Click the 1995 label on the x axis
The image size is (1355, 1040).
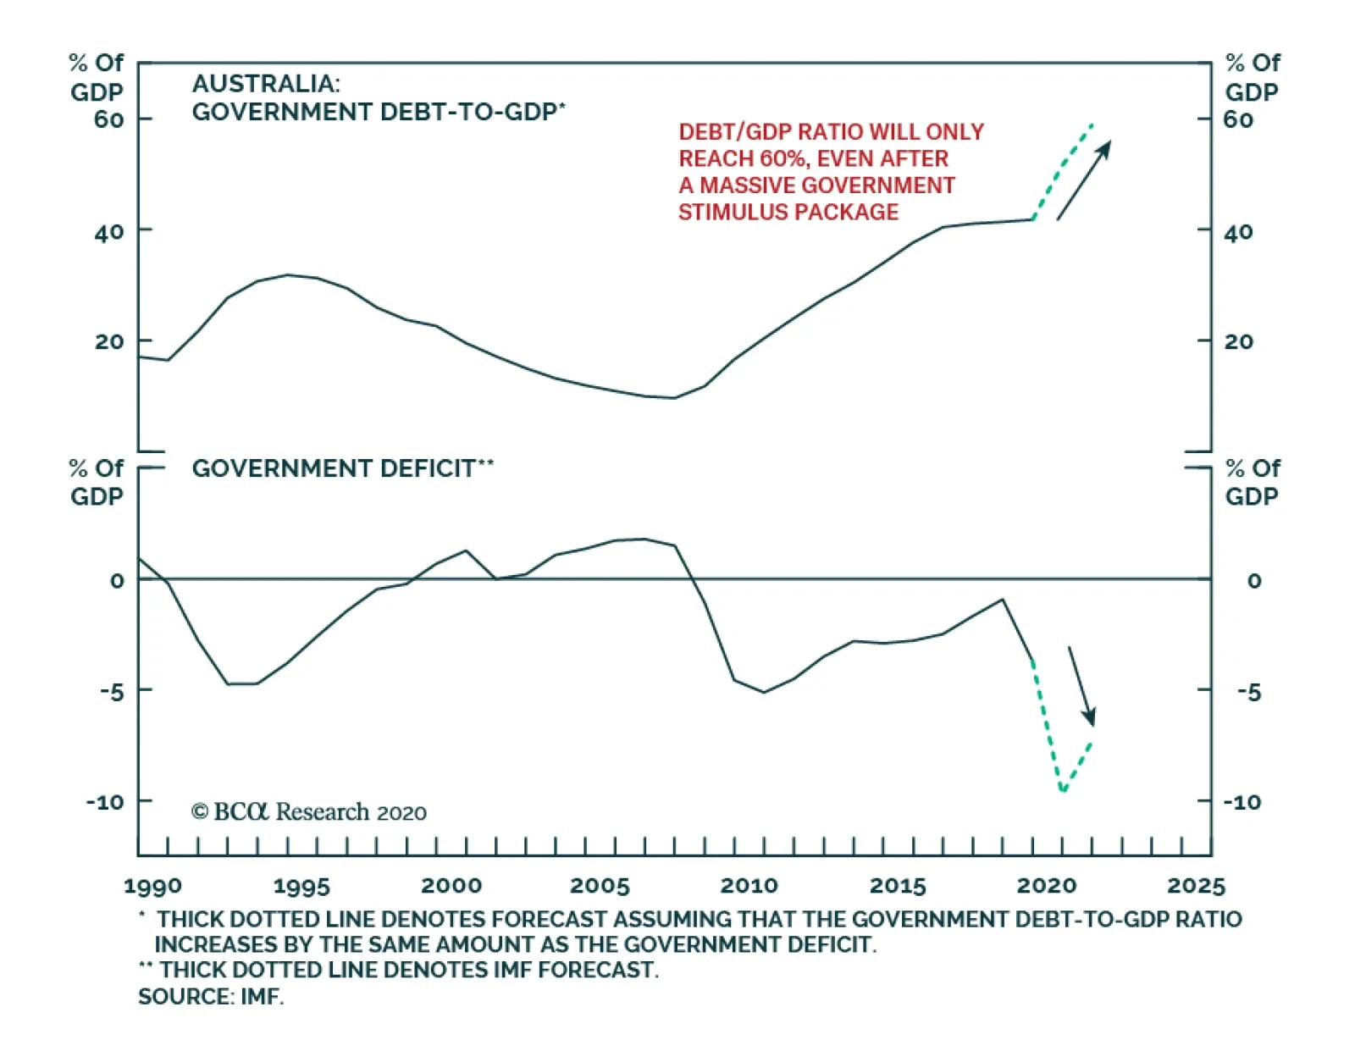click(301, 886)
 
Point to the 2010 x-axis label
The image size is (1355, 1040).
click(749, 886)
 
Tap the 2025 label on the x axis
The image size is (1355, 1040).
click(1196, 886)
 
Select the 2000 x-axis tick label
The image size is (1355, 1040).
click(451, 886)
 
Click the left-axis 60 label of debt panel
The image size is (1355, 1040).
click(108, 119)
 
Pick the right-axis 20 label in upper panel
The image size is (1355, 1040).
click(1238, 341)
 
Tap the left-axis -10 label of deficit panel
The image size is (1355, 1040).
click(105, 801)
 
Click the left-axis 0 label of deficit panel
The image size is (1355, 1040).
click(117, 581)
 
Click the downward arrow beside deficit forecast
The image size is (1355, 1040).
click(1081, 686)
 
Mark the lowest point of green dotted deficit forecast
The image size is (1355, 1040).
click(1063, 791)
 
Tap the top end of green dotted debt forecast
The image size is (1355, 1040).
click(1092, 124)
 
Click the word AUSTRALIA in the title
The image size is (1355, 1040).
click(265, 84)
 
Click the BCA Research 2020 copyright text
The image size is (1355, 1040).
click(309, 812)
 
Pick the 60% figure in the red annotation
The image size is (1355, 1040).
click(784, 158)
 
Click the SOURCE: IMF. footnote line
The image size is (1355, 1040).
click(211, 997)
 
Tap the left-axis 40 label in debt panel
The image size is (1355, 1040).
click(108, 231)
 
